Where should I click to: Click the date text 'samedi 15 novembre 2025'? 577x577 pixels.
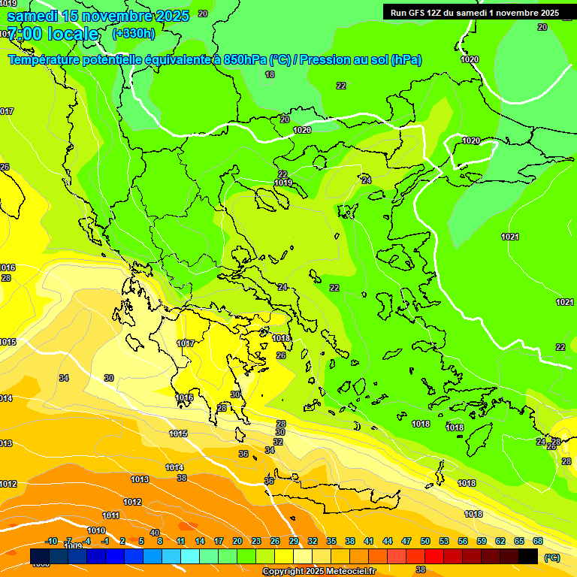coord(98,16)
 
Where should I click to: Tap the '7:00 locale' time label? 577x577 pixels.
coord(53,34)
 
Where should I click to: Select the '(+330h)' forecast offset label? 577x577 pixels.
coord(134,33)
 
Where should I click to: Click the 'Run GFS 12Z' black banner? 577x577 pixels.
coord(475,13)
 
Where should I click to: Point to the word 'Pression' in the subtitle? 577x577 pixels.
coord(329,60)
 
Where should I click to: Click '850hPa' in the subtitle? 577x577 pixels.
coord(245,60)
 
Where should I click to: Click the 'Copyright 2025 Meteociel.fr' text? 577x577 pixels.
coord(319,572)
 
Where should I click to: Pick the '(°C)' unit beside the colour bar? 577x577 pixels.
coord(551,557)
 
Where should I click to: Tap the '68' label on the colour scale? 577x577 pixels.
coord(538,541)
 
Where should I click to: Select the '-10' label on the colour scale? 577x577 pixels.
coord(52,541)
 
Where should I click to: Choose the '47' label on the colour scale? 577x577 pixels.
coord(406,541)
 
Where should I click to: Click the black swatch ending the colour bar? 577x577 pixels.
coord(528,556)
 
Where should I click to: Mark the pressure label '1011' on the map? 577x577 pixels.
coord(111,515)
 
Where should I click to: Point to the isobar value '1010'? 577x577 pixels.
coord(96,530)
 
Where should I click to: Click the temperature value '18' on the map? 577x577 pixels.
coord(270,74)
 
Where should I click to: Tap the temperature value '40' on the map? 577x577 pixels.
coord(155,532)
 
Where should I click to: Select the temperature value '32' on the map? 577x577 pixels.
coord(278,442)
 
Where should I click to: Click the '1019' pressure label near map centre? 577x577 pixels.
coord(283,183)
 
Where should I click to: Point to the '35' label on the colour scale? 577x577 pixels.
coord(331,541)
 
